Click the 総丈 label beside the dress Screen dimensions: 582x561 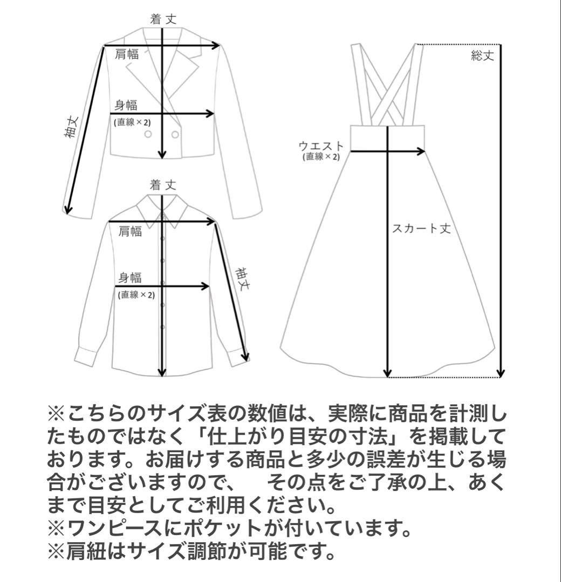pyautogui.click(x=482, y=56)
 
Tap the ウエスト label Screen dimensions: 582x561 pyautogui.click(x=320, y=145)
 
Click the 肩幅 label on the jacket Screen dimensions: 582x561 pyautogui.click(x=127, y=54)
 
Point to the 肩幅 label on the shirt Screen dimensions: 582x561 pyautogui.click(x=130, y=232)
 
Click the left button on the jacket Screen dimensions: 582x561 pyautogui.click(x=148, y=134)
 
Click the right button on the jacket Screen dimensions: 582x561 pyautogui.click(x=175, y=134)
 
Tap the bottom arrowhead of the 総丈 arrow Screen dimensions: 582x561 pyautogui.click(x=500, y=373)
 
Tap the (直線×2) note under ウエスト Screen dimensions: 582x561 pyautogui.click(x=321, y=157)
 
